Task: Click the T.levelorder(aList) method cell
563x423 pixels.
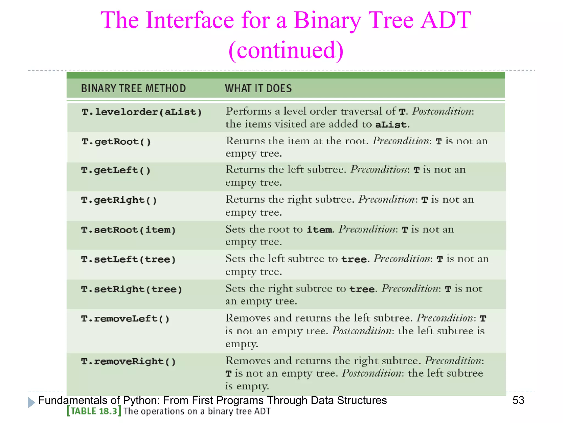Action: [x=142, y=112]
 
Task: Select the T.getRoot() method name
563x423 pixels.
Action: [x=116, y=142]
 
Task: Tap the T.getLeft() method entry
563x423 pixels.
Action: [x=116, y=170]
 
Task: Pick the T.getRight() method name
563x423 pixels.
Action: [x=119, y=200]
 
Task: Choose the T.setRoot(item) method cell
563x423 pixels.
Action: [x=128, y=230]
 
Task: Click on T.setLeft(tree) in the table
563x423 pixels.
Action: [x=128, y=259]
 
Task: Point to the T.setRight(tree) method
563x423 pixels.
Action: [x=132, y=289]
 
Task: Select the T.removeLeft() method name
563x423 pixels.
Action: [x=125, y=319]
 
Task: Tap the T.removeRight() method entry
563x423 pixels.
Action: [x=128, y=362]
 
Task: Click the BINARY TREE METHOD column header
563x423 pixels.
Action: [x=134, y=88]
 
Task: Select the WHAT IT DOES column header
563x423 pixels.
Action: [x=258, y=88]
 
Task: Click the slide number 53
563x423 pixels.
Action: [x=518, y=400]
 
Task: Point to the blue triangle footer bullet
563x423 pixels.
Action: [x=31, y=403]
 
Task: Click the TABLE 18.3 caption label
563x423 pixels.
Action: [x=94, y=411]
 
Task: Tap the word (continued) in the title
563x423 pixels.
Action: [x=286, y=50]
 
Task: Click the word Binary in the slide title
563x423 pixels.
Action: [x=327, y=21]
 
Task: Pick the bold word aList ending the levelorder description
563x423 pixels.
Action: [x=391, y=124]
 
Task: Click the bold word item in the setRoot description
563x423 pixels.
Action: [x=319, y=229]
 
